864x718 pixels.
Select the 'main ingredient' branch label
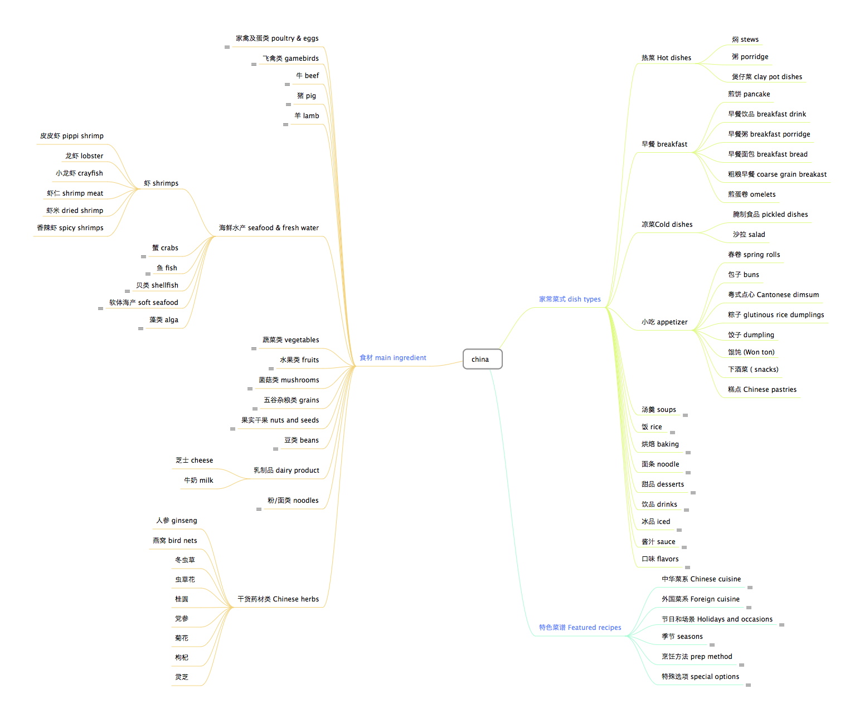(393, 358)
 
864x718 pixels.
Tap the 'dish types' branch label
(570, 299)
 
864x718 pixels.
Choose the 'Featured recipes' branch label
(580, 628)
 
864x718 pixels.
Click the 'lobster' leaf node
(84, 156)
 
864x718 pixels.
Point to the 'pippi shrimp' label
(72, 136)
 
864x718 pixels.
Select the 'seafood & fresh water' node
(269, 228)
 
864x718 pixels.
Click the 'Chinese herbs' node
(278, 599)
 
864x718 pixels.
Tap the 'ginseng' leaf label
(177, 521)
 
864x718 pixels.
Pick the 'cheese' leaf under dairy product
(194, 460)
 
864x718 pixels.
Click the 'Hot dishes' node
(666, 58)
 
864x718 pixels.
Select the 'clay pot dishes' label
(767, 77)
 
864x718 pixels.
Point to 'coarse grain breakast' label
(777, 174)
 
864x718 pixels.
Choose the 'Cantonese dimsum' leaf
(773, 295)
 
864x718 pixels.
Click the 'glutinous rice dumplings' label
(776, 315)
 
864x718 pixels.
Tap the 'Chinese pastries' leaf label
(762, 390)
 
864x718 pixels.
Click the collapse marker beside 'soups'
(685, 415)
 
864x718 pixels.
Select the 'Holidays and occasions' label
(717, 619)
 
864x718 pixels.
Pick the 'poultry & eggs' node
(277, 38)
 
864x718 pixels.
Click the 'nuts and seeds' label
(280, 420)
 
